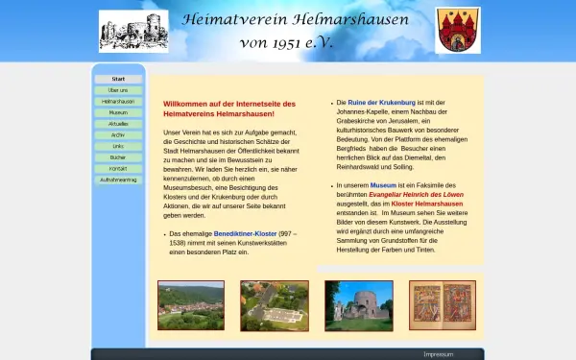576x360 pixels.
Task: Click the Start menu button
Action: (x=118, y=79)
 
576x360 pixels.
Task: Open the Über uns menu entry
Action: (x=118, y=90)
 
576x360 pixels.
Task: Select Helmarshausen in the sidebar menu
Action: (x=118, y=101)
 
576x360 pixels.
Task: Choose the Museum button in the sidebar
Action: (x=118, y=112)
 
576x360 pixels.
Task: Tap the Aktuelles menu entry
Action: (x=118, y=124)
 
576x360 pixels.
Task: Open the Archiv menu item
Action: (x=118, y=135)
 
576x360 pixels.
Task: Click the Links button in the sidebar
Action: (x=118, y=146)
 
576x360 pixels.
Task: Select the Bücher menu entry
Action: (x=118, y=157)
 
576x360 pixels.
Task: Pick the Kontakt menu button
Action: (x=118, y=169)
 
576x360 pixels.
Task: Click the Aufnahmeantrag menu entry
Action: (x=118, y=180)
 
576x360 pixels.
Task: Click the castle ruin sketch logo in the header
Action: (x=133, y=31)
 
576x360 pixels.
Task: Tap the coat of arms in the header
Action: (x=458, y=31)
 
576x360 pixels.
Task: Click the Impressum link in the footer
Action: (x=438, y=354)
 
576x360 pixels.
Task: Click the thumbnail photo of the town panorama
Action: (x=190, y=305)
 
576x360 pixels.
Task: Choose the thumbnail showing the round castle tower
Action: (x=358, y=305)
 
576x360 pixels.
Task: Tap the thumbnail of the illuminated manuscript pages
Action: (x=442, y=305)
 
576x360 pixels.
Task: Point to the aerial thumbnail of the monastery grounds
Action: (x=275, y=305)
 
